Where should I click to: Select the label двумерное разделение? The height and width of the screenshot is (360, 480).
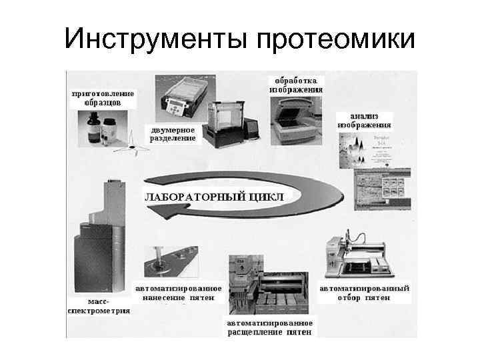pyautogui.click(x=173, y=134)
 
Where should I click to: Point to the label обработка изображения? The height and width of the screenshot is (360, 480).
pyautogui.click(x=296, y=84)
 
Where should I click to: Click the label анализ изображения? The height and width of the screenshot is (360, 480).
pyautogui.click(x=365, y=120)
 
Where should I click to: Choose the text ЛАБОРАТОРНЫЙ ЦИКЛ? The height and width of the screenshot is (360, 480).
pyautogui.click(x=214, y=197)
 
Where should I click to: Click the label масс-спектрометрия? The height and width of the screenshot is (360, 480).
pyautogui.click(x=99, y=306)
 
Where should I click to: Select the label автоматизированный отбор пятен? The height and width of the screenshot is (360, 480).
pyautogui.click(x=365, y=293)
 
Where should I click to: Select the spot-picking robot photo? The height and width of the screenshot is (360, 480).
pyautogui.click(x=360, y=257)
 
